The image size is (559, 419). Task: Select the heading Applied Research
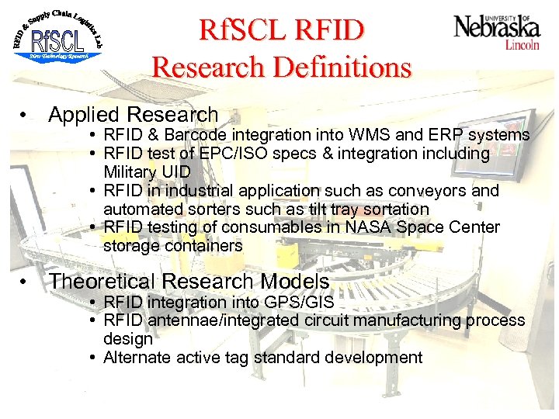[133, 116]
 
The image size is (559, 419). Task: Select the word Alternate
[135, 358]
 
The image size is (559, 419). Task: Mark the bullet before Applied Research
[26, 116]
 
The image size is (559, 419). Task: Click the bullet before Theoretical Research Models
[26, 282]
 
